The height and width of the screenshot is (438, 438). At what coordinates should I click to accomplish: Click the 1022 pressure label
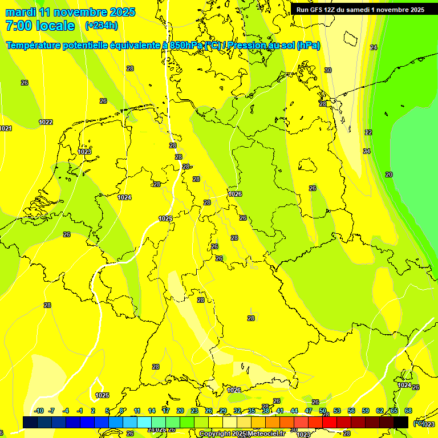tap(46, 122)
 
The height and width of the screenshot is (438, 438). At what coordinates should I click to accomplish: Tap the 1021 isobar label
tap(6, 128)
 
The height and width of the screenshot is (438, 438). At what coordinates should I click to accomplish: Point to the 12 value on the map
tap(368, 132)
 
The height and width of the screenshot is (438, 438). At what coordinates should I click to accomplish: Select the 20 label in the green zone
tap(389, 175)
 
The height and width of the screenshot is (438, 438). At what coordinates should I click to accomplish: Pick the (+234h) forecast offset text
tap(102, 26)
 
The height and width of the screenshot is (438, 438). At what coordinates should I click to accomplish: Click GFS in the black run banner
tap(316, 10)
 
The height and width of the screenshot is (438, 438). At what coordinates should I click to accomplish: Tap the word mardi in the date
tap(21, 12)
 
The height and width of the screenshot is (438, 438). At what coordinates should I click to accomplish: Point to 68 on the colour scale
tap(408, 411)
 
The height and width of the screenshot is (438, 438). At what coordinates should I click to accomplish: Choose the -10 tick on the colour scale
tap(39, 411)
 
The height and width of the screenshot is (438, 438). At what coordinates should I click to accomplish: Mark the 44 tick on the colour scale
tap(294, 411)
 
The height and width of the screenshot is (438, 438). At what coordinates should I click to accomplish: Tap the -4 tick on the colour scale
tap(66, 411)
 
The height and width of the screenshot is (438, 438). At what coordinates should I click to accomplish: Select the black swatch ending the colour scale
tap(401, 422)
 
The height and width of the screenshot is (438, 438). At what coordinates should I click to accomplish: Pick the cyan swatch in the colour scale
tap(144, 422)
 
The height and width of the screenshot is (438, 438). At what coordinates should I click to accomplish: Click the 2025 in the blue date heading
tap(120, 12)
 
